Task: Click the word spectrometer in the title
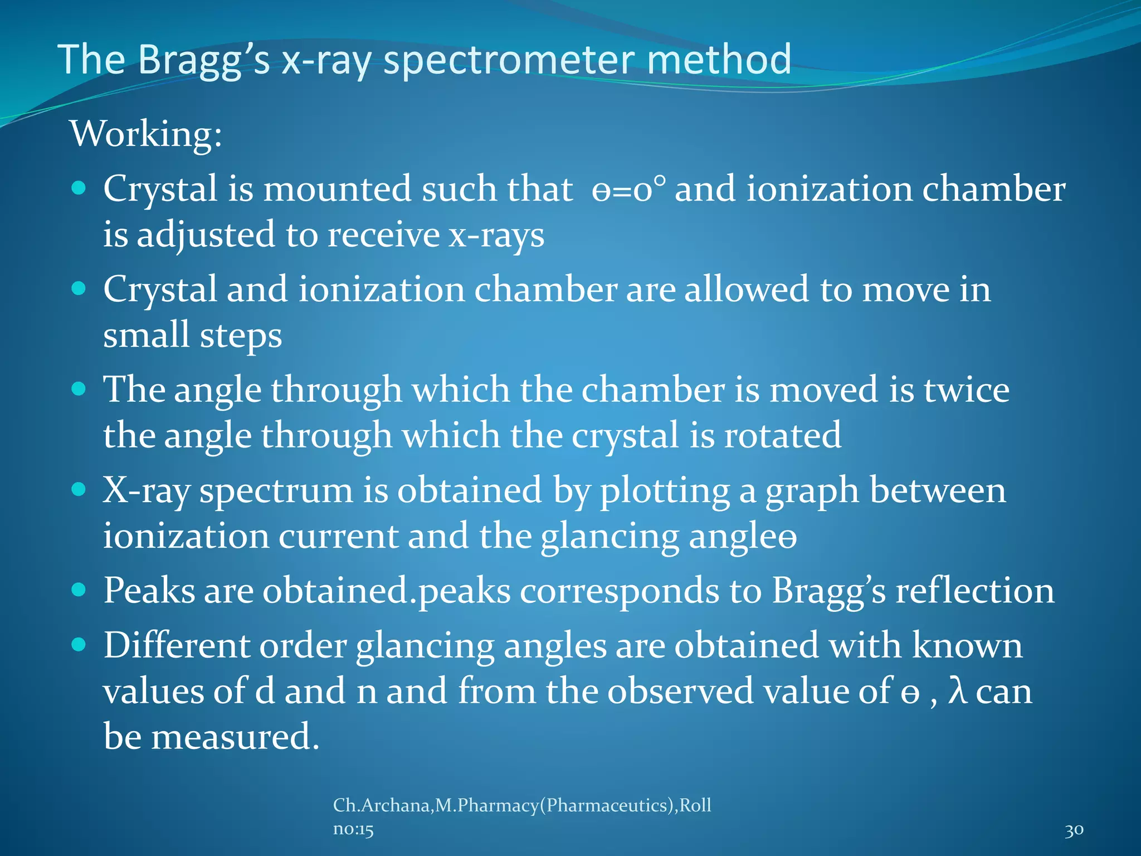[x=509, y=60]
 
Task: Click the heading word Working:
[x=146, y=135]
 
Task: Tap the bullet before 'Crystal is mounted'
[x=79, y=188]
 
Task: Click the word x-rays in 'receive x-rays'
[x=496, y=235]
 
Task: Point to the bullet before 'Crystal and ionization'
[x=79, y=289]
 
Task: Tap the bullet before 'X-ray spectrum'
[x=79, y=489]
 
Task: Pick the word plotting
[x=664, y=492]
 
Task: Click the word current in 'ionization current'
[x=338, y=537]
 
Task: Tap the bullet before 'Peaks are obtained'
[x=79, y=590]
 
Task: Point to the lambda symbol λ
[x=957, y=692]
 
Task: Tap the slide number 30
[x=1074, y=830]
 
